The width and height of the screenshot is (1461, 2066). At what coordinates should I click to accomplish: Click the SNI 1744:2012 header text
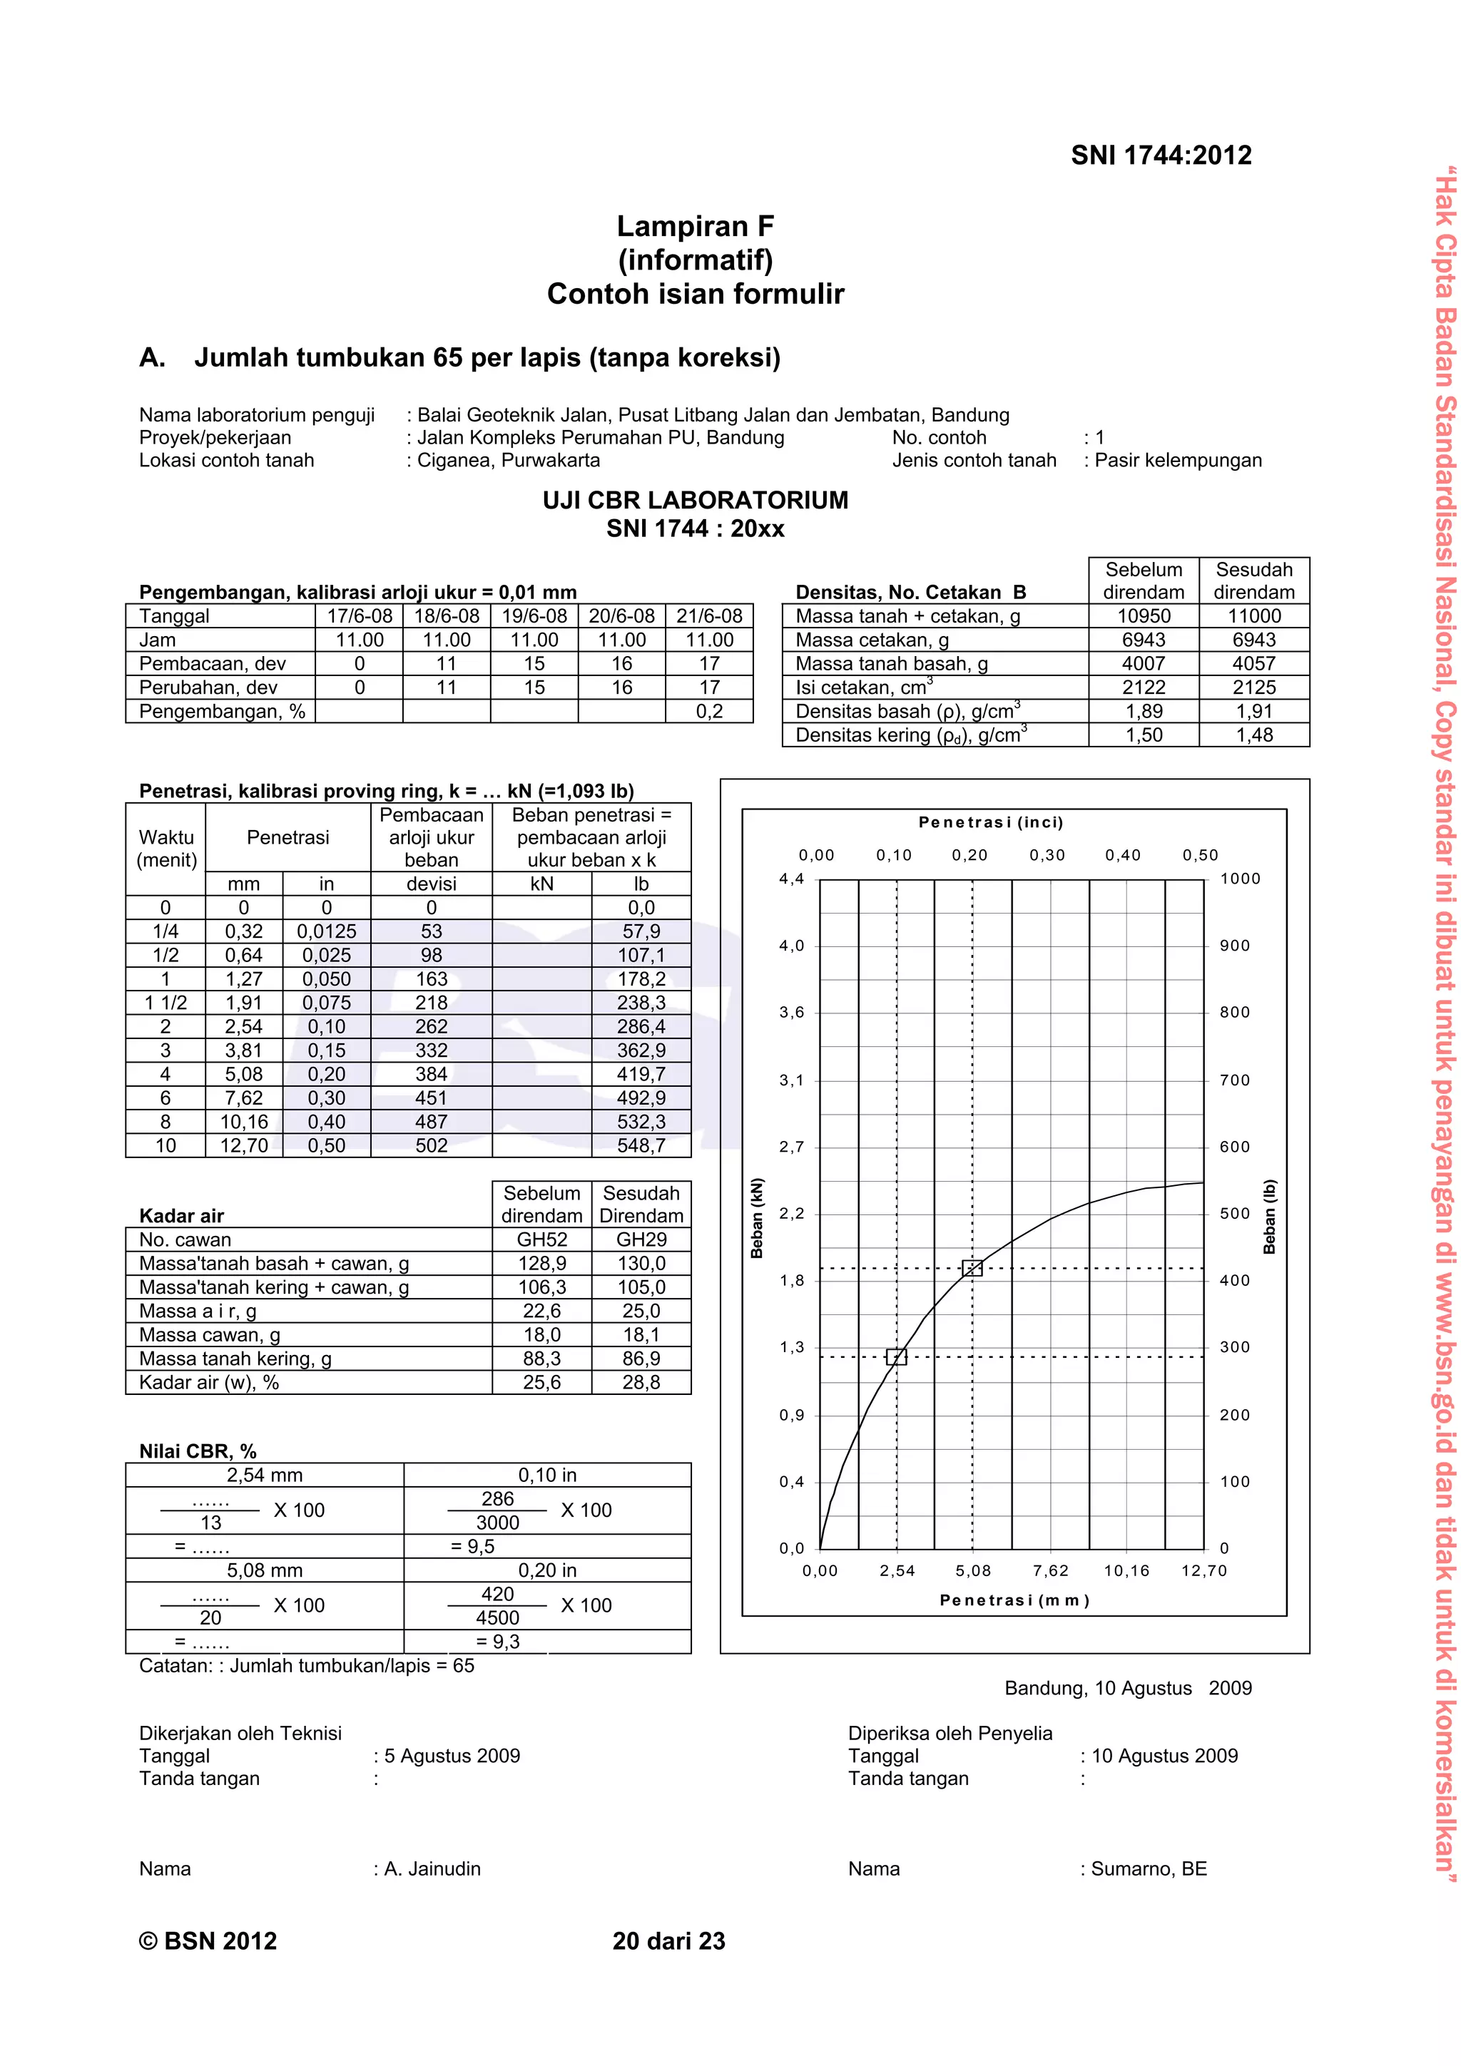pyautogui.click(x=1161, y=155)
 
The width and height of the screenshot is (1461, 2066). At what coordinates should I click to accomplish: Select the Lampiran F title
pyautogui.click(x=695, y=226)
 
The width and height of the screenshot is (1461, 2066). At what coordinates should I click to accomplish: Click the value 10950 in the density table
pyautogui.click(x=1144, y=616)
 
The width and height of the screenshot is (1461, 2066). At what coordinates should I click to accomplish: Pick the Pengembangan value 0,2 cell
pyautogui.click(x=709, y=712)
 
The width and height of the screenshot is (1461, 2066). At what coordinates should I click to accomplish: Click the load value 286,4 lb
pyautogui.click(x=641, y=1027)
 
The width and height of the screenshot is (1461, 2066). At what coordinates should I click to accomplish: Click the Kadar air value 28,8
pyautogui.click(x=641, y=1382)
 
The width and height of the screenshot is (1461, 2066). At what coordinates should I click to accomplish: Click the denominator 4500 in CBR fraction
pyautogui.click(x=497, y=1617)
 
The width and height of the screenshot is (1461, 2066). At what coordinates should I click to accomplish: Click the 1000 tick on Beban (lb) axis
pyautogui.click(x=1240, y=878)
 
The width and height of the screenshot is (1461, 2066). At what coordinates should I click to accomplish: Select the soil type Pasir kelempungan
pyautogui.click(x=1178, y=460)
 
